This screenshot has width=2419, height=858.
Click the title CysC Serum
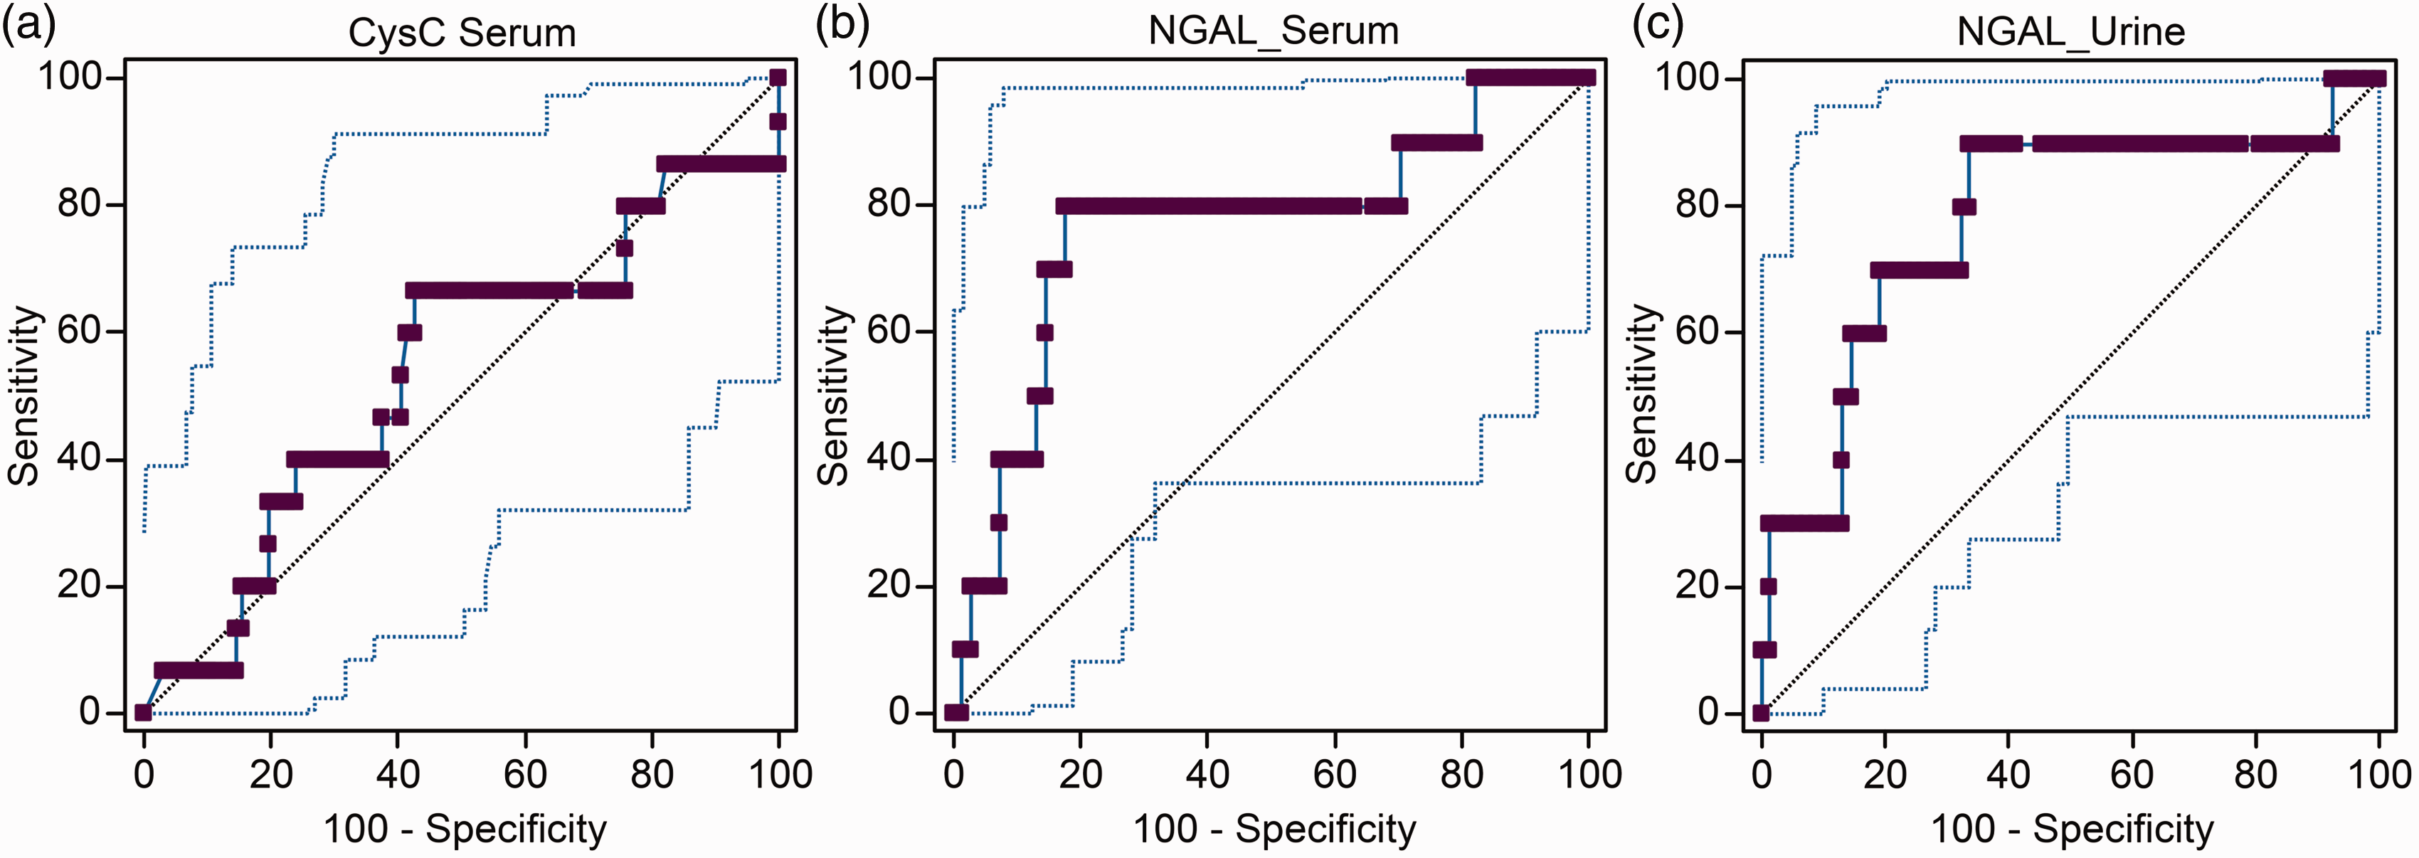coord(462,33)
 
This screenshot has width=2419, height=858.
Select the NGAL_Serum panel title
coord(1274,31)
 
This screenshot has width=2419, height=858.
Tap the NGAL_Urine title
coord(2070,32)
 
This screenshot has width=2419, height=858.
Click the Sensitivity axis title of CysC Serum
coord(23,395)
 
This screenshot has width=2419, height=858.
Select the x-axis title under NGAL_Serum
coord(1274,829)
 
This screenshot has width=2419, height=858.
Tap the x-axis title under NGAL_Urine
coord(2072,829)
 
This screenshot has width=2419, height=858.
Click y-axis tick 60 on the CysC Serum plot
coord(80,332)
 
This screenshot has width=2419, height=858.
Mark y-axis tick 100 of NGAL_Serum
coord(879,76)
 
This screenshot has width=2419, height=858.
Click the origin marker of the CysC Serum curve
coord(143,712)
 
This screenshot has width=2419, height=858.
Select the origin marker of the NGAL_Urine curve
coord(1761,712)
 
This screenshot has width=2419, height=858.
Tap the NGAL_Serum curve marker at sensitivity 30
coord(999,523)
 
